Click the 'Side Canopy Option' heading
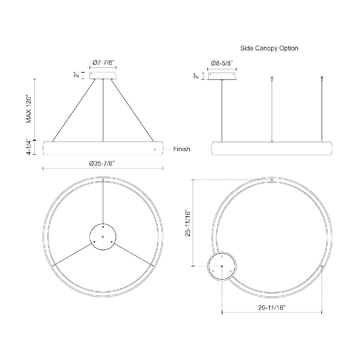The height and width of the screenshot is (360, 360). tap(269, 48)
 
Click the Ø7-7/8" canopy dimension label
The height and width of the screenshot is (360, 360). tap(103, 62)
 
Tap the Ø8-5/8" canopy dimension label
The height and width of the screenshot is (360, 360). tap(222, 63)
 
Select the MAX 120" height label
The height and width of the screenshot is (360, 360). tap(29, 109)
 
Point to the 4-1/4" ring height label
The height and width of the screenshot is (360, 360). tap(29, 148)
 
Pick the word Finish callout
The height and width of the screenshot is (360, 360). tap(181, 149)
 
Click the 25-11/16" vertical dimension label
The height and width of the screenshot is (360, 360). tap(188, 223)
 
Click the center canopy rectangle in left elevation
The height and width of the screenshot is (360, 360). tap(103, 75)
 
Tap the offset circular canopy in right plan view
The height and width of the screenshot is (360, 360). tap(222, 266)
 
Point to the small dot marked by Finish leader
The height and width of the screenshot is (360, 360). tap(155, 150)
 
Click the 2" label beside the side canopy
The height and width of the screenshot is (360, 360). tap(196, 76)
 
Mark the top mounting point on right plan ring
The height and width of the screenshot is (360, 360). tap(272, 180)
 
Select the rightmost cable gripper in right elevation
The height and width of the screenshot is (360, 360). tap(322, 78)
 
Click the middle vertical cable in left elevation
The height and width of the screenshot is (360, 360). tap(103, 110)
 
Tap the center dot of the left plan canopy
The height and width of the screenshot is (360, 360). tap(103, 237)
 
